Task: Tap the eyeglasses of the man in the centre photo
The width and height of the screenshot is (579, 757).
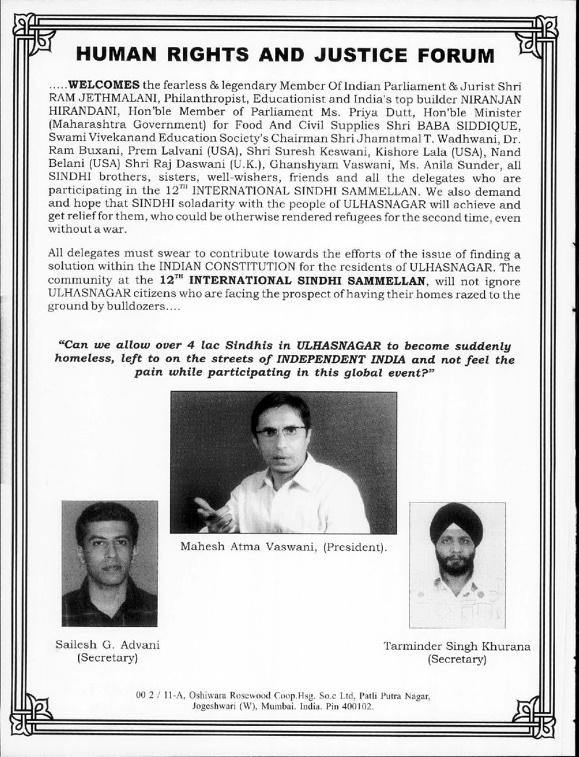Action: click(281, 432)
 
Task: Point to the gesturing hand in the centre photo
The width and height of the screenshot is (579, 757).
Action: click(213, 515)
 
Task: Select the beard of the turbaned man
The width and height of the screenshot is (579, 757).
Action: click(457, 563)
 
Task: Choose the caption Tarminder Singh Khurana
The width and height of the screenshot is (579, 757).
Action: click(456, 646)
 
